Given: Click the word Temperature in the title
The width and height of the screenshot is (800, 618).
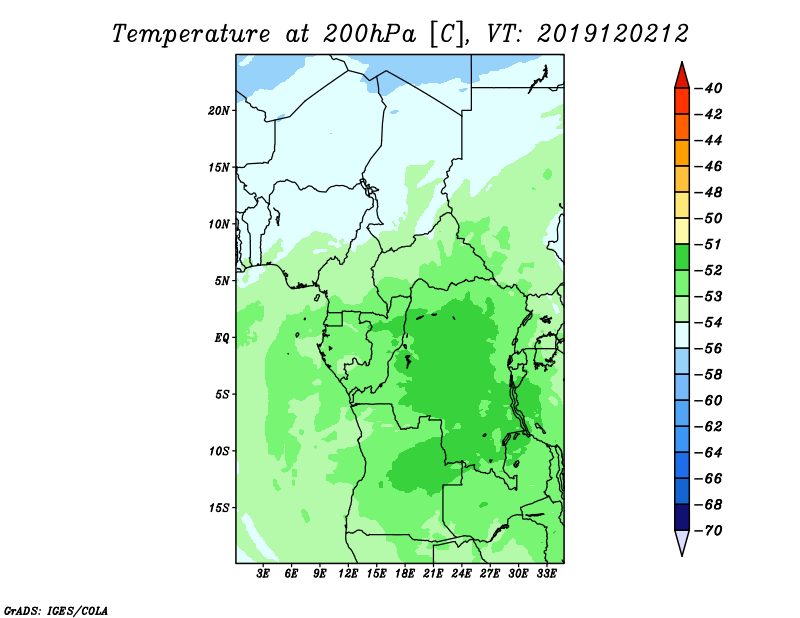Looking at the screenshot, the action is point(191,34).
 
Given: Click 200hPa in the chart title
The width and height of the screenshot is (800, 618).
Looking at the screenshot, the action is point(369,34).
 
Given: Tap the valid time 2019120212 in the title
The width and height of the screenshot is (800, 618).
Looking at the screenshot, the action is point(613,34).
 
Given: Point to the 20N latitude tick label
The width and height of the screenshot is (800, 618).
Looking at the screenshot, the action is point(219,111).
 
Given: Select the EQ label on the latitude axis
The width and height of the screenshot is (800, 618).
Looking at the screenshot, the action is point(222,338).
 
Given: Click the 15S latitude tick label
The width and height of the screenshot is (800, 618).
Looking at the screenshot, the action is point(219,508).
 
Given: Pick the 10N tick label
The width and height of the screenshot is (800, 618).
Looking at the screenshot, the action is point(219,224).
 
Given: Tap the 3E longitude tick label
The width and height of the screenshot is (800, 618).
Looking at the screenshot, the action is point(263,574).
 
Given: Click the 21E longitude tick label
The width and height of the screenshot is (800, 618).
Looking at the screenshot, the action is point(433,574).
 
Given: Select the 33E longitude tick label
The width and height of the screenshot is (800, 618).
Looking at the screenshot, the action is point(546,574).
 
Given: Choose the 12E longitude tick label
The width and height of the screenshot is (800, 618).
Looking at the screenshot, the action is point(348,574).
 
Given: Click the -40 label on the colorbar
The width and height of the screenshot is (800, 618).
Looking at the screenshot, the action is point(708,88).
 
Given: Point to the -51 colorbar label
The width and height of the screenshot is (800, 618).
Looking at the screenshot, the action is point(708,244).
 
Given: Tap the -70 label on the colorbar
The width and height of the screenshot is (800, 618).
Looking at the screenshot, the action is point(708,531).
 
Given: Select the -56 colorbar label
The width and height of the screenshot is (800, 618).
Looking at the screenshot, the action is point(708,349).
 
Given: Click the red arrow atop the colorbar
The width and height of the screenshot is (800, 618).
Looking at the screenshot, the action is point(682,78).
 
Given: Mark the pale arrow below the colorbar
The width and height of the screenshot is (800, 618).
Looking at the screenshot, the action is point(682,541).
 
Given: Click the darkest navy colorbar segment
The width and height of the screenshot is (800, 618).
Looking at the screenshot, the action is point(682,517).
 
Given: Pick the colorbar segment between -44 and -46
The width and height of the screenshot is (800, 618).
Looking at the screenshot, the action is point(682,153).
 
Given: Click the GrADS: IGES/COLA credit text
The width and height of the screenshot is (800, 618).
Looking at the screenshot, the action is point(56,611).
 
